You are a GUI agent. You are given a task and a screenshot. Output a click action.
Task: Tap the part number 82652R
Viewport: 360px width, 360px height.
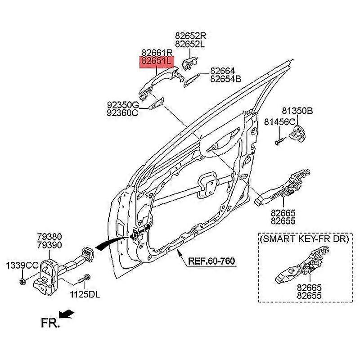pos(190,36)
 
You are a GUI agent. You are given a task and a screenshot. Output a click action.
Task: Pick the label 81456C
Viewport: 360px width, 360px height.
pos(279,121)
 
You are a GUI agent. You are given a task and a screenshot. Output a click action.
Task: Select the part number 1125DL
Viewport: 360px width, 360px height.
pos(85,295)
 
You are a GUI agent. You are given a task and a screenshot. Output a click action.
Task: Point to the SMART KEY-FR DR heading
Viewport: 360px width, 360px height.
pos(304,239)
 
